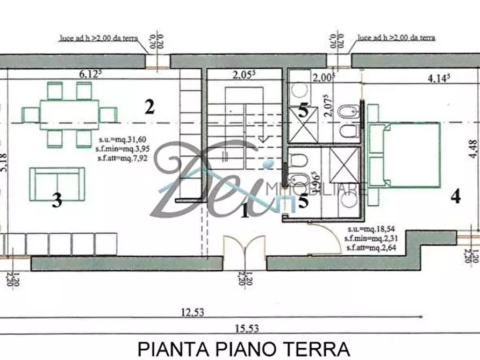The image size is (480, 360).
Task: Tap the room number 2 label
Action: (x=149, y=106)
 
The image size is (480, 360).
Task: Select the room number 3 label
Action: (x=58, y=201)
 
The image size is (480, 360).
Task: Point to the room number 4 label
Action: (x=455, y=197)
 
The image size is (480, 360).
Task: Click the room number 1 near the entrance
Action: (x=245, y=211)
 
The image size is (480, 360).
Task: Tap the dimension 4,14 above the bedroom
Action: (x=439, y=77)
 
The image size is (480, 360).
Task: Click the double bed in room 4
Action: (x=405, y=155)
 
